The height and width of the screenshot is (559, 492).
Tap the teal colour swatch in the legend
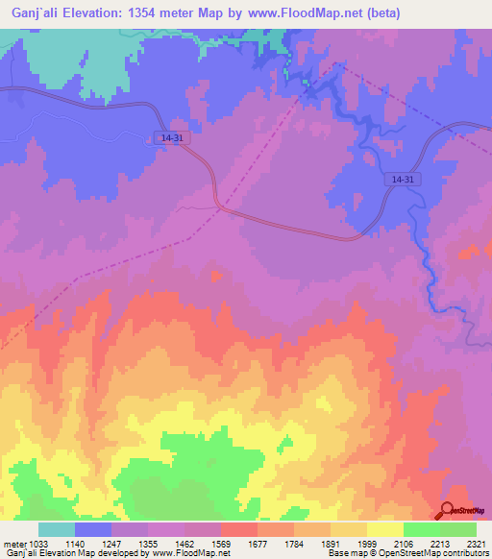pyautogui.click(x=57, y=529)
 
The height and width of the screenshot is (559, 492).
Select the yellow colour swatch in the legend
pyautogui.click(x=384, y=529)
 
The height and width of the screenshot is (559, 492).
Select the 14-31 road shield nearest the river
pyautogui.click(x=404, y=180)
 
